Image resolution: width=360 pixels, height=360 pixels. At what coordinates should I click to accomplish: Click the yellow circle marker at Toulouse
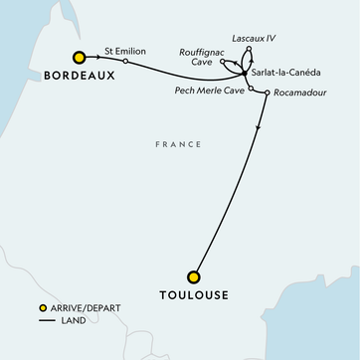(194, 276)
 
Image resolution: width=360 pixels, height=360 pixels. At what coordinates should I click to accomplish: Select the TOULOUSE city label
(194, 295)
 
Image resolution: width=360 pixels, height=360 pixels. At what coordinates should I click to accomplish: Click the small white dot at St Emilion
(125, 58)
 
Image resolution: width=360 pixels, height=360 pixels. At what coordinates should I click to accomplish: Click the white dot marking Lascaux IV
(249, 49)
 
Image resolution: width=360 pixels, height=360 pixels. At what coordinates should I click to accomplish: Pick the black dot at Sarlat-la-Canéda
(246, 74)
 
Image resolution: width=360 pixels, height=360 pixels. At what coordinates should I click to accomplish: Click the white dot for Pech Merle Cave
(252, 90)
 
